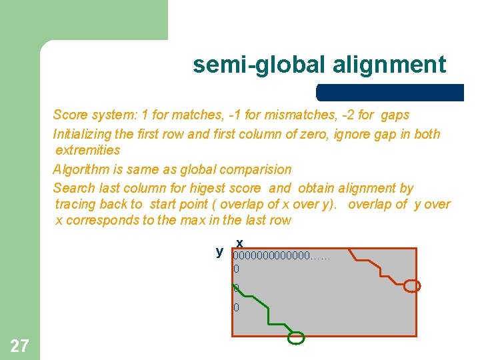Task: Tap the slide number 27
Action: point(19,345)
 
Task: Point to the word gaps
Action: point(395,115)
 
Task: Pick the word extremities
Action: point(88,150)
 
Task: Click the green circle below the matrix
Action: point(295,338)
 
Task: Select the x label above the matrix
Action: point(239,243)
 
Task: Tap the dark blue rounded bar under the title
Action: point(390,92)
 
